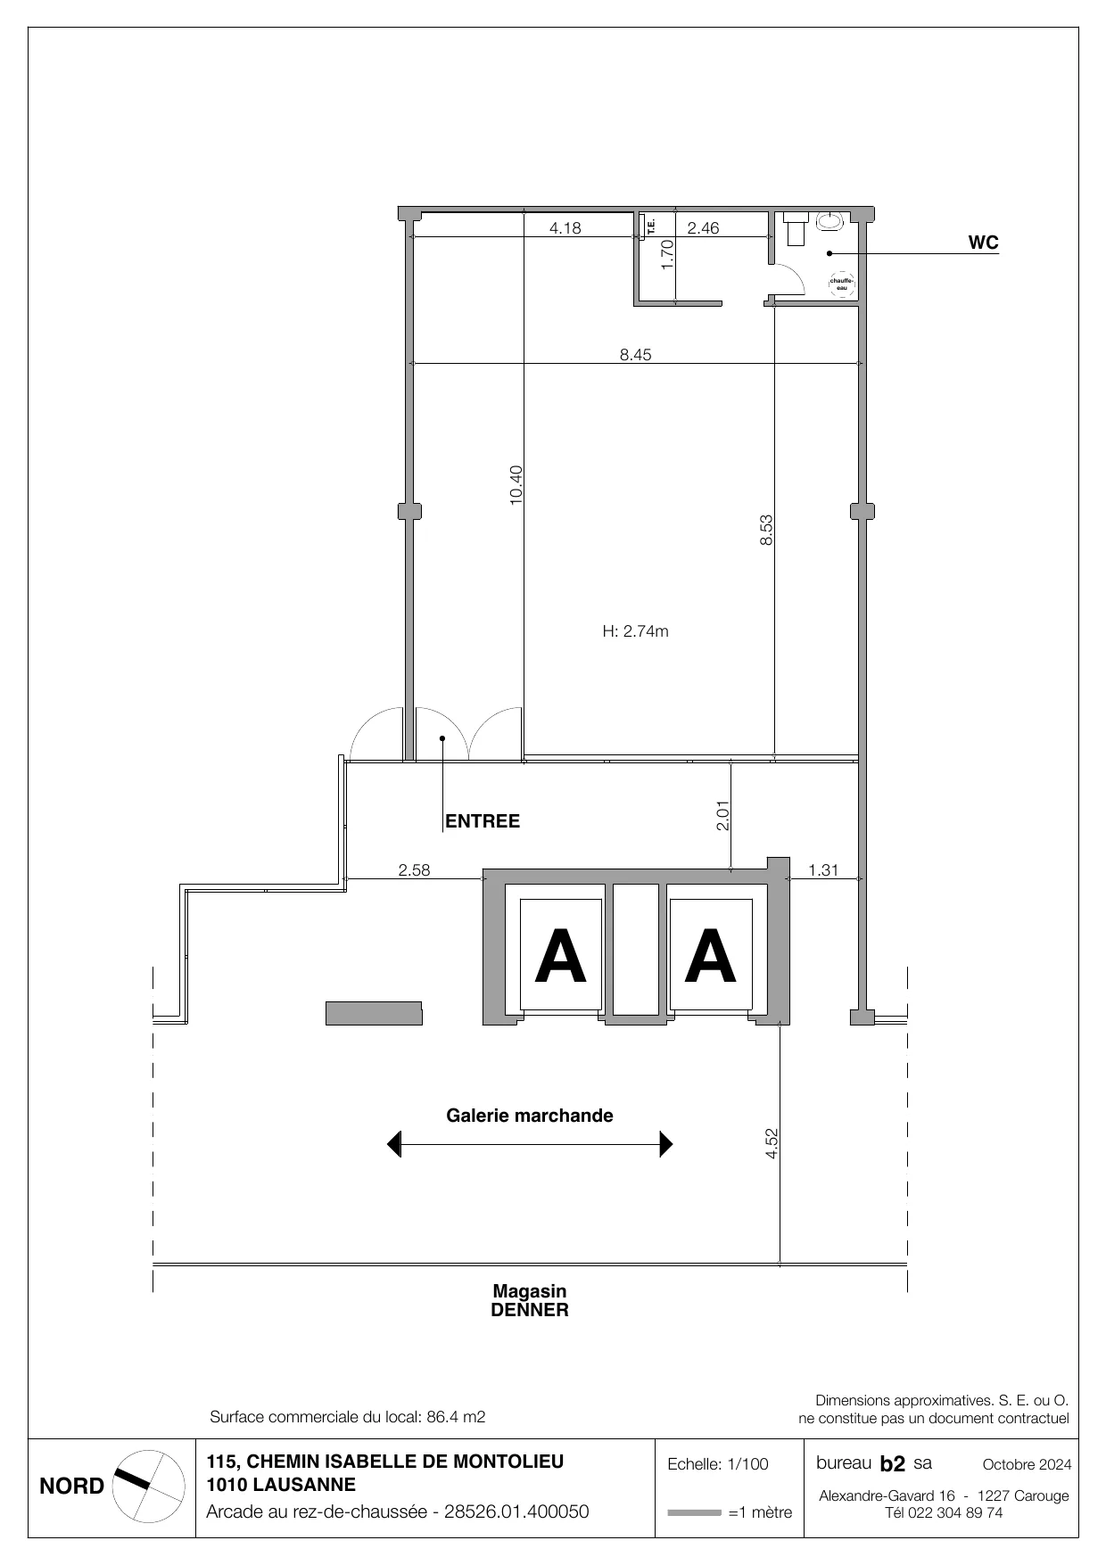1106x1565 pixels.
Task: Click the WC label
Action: tap(984, 243)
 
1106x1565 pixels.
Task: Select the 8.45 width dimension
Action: tap(636, 355)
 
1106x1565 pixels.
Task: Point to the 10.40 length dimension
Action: tap(516, 486)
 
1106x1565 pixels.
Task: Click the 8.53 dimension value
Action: tap(766, 531)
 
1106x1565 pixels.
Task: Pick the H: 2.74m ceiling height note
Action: tap(636, 631)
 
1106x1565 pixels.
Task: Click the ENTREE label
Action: tap(483, 821)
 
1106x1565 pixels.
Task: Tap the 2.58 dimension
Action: tap(414, 870)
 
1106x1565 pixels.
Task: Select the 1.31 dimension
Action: tap(823, 870)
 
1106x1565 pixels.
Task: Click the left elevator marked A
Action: tap(561, 955)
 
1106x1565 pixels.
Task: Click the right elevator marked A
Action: tap(711, 955)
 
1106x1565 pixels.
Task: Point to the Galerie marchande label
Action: tap(530, 1116)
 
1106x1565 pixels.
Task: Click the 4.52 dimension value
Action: tap(772, 1144)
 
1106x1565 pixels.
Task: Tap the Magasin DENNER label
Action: tap(530, 1301)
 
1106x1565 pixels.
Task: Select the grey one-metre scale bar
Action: tap(694, 1512)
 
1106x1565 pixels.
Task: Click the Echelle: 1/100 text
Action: tap(718, 1464)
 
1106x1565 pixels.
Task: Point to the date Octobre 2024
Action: tap(1027, 1464)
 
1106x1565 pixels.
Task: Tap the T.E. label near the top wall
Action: tap(651, 227)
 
